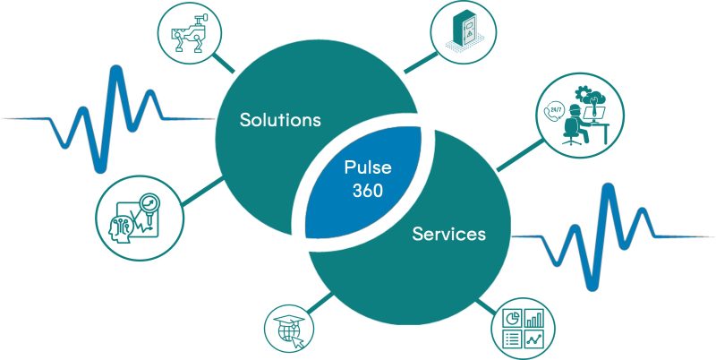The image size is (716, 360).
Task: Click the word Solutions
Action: (x=280, y=120)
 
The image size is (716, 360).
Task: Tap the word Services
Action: (x=448, y=235)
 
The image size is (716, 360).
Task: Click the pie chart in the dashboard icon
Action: (x=511, y=319)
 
